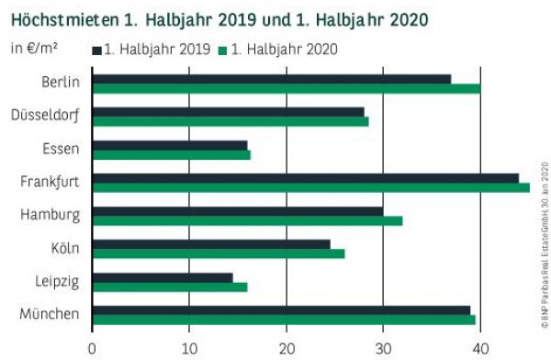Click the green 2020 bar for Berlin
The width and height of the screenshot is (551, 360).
pyautogui.click(x=285, y=89)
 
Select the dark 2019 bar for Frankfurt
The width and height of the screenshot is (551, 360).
pyautogui.click(x=305, y=177)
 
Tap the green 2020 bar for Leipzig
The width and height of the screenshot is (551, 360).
pyautogui.click(x=170, y=287)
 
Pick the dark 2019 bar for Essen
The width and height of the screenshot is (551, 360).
pyautogui.click(x=170, y=144)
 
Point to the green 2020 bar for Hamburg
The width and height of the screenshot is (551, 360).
pyautogui.click(x=246, y=221)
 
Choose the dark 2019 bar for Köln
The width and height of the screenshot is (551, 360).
pyautogui.click(x=211, y=244)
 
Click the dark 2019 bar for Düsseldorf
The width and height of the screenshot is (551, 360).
pyautogui.click(x=228, y=111)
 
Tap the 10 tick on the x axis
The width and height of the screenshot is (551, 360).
pyautogui.click(x=189, y=347)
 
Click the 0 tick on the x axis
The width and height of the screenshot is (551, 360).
pyautogui.click(x=93, y=347)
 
